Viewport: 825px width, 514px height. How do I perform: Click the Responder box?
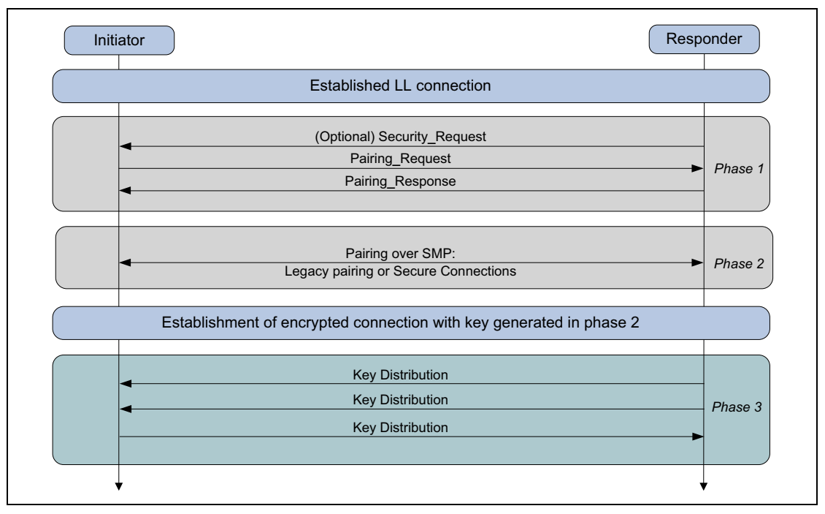point(703,40)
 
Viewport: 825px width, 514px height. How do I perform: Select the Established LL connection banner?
point(411,86)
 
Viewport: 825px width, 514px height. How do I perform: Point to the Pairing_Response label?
point(411,181)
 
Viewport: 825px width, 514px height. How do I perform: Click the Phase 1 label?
point(737,169)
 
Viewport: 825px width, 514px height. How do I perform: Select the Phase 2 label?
point(737,262)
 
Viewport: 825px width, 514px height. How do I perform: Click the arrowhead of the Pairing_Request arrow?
point(697,169)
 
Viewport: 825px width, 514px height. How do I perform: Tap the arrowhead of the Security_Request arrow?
point(126,147)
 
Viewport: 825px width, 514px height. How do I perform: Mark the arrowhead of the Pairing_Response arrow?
point(126,191)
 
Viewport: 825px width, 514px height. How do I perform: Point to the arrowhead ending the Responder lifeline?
point(703,486)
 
